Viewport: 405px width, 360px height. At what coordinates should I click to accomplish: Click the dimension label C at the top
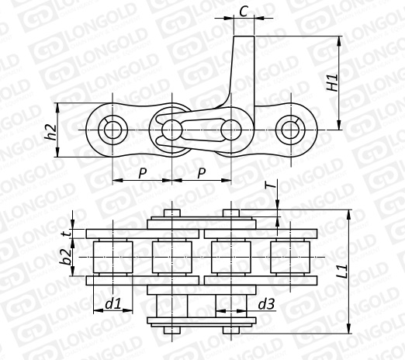[244, 11]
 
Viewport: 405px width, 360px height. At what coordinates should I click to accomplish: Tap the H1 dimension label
[332, 83]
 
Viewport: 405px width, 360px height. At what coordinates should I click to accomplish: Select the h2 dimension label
[50, 132]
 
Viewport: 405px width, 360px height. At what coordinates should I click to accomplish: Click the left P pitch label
[143, 173]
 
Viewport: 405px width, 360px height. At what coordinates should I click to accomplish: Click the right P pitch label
[202, 173]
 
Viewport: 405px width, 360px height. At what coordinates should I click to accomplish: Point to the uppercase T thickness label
[270, 185]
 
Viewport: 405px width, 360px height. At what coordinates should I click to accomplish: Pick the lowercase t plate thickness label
[67, 234]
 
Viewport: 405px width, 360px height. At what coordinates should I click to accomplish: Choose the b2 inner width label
[64, 257]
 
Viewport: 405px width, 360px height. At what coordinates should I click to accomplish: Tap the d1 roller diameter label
[113, 304]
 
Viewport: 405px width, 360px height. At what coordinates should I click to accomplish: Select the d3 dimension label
[266, 304]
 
